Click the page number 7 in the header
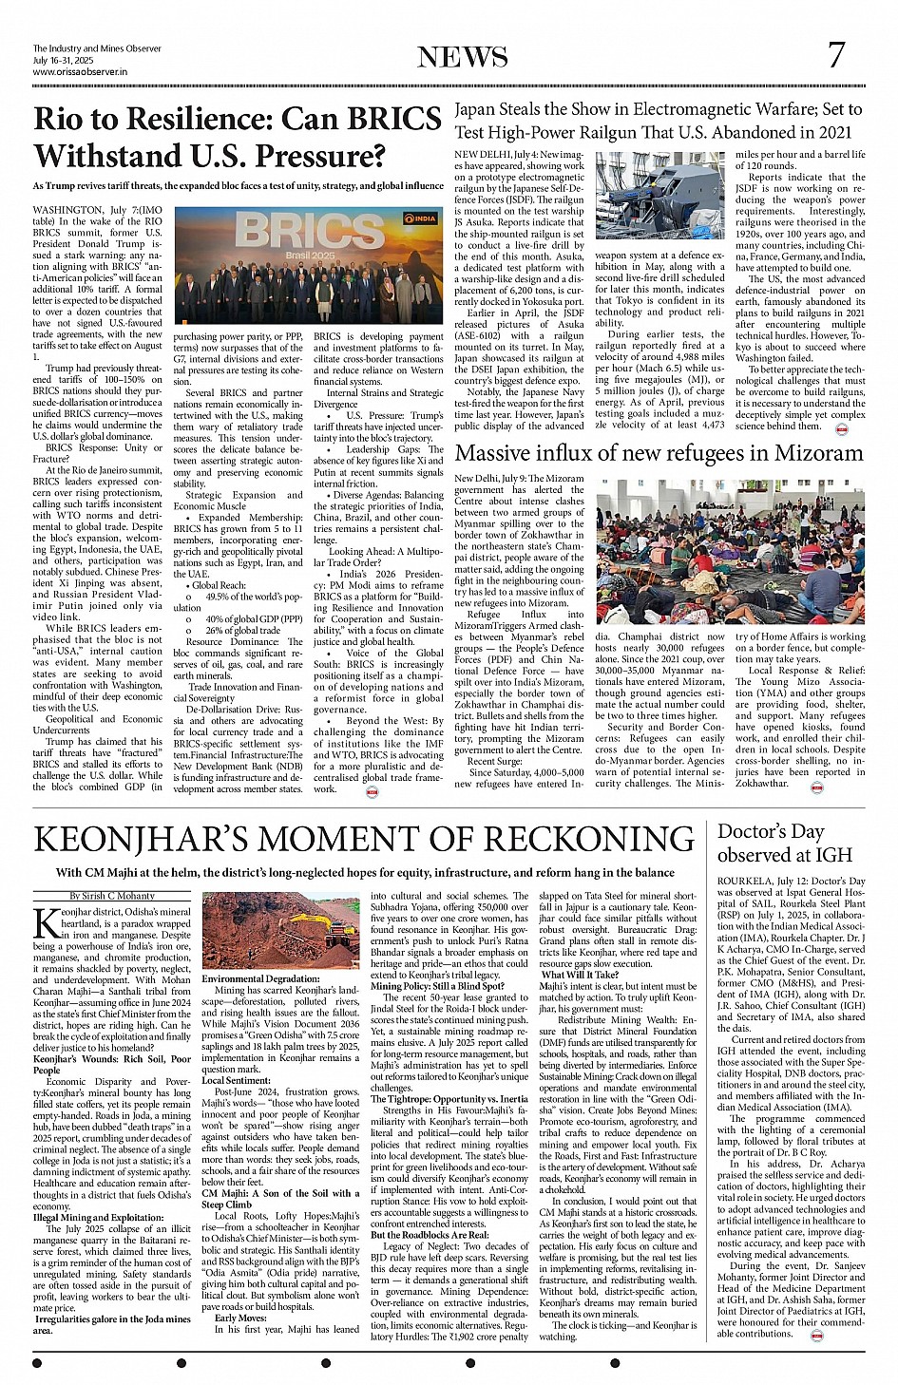pyautogui.click(x=835, y=55)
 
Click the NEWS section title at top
pyautogui.click(x=463, y=57)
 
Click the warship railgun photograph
pyautogui.click(x=659, y=196)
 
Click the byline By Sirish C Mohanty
pyautogui.click(x=112, y=896)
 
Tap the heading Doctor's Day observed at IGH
pyautogui.click(x=785, y=843)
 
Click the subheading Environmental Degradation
pyautogui.click(x=260, y=978)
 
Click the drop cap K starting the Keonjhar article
pyautogui.click(x=45, y=923)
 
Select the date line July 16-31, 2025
pyautogui.click(x=65, y=60)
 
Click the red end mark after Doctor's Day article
pyautogui.click(x=816, y=1335)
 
